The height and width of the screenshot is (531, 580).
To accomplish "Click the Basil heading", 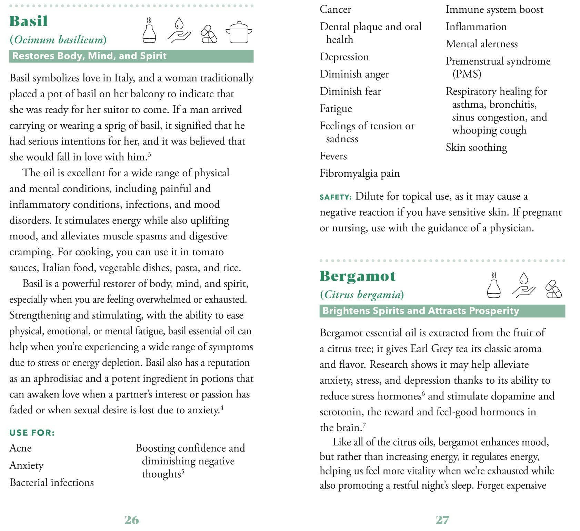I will point(29,21).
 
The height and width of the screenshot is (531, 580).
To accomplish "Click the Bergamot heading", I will point(358,276).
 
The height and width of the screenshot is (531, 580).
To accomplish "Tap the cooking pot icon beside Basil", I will point(239,32).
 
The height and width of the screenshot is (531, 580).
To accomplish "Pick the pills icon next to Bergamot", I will point(553,289).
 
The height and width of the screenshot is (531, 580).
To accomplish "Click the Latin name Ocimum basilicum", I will point(58,40).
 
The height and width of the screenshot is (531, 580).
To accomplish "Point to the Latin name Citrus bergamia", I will point(362,295).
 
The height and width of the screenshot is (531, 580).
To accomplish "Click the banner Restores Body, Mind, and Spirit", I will point(89,56).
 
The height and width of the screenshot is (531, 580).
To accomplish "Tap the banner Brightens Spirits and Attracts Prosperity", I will point(420,311).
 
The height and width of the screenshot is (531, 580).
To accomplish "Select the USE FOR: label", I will point(32,433).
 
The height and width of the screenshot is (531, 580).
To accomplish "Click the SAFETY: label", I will point(335,197).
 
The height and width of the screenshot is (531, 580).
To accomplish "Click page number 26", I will point(131,520).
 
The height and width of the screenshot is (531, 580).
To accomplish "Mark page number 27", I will point(442,520).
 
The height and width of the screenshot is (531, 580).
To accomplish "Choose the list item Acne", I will point(21,448).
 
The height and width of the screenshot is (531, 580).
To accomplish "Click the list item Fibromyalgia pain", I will point(360,173).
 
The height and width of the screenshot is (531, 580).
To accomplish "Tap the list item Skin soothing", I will point(476,147).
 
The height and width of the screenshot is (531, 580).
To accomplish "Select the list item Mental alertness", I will point(481,44).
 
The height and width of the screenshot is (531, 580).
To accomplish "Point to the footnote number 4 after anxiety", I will point(222,407).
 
